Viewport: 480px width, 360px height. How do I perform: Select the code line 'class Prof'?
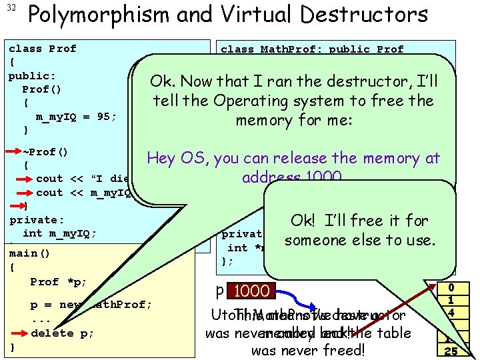point(43,49)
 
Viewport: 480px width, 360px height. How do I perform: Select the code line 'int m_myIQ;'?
point(59,233)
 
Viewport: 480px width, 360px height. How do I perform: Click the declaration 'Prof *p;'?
point(59,281)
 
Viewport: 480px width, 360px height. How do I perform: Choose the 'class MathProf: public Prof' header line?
point(312,49)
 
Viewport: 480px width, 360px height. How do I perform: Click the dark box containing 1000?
point(252,291)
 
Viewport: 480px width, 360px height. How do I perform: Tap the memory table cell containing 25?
point(451,352)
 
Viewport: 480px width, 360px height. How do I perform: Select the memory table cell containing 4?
point(451,312)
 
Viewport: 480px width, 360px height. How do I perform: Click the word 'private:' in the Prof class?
point(37,219)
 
